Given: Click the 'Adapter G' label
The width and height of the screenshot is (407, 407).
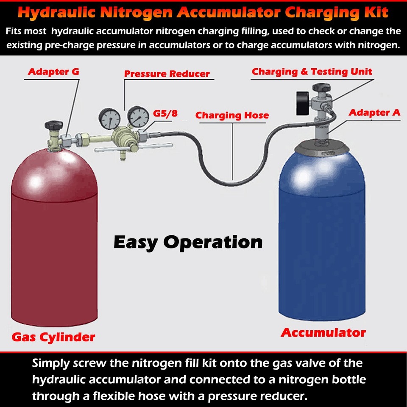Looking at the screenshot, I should [53, 72].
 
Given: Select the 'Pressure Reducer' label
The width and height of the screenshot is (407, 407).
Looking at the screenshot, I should [167, 74].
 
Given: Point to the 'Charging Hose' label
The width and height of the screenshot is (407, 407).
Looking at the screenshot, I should [232, 115].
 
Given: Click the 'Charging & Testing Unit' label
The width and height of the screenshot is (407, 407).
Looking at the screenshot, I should [312, 72].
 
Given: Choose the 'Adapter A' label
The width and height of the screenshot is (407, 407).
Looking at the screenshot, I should [374, 113].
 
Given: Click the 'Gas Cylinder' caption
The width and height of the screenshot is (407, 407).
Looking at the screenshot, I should [53, 337].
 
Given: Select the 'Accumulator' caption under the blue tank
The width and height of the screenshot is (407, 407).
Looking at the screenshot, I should [323, 332].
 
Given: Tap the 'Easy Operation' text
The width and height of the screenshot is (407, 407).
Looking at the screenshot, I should [188, 242].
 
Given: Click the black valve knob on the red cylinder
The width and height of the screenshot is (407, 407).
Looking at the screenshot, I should [53, 125].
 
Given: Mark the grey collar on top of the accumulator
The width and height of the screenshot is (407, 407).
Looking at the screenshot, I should [322, 146].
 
